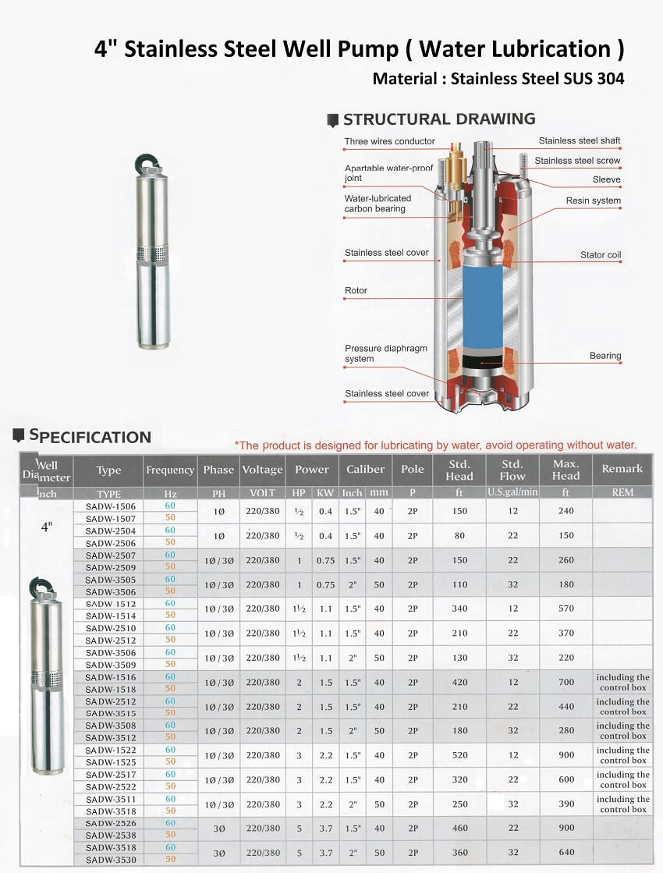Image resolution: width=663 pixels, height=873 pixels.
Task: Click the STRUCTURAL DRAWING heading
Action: tap(439, 119)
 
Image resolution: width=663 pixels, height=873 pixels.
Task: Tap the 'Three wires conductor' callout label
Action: tap(390, 142)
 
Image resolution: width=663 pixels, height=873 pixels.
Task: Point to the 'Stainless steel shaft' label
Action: tap(580, 141)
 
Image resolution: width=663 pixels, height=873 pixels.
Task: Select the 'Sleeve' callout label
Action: tap(606, 179)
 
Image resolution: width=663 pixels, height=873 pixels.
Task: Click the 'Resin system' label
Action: tap(594, 201)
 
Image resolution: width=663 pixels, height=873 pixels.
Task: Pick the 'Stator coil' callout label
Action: tap(601, 255)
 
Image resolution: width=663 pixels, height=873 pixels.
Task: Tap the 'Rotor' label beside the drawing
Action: tap(356, 291)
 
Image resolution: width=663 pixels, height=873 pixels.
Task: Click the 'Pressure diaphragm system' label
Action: tap(385, 353)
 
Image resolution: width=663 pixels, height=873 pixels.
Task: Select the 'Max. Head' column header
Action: tap(565, 470)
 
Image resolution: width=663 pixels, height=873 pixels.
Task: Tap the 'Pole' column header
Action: tap(413, 469)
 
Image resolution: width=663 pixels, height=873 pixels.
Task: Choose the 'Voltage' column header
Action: tap(262, 470)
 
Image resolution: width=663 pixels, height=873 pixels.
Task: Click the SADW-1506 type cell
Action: tap(110, 506)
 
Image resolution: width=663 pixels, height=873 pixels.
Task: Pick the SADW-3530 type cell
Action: tap(110, 859)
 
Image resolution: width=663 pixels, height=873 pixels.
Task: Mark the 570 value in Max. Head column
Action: tap(565, 609)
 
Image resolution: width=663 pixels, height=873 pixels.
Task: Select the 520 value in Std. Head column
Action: tap(459, 755)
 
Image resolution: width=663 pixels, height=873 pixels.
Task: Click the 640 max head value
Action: tap(565, 853)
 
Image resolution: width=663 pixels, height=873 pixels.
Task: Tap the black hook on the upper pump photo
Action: tap(147, 161)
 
